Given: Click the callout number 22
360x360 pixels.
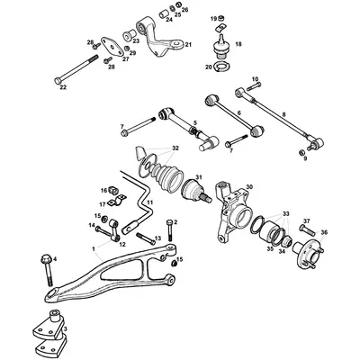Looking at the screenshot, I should coord(61,87).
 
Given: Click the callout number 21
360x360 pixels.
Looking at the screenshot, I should coord(187,44).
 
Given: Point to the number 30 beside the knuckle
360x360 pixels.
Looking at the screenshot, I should coord(249,186).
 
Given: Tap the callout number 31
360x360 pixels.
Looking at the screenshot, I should coord(199,177).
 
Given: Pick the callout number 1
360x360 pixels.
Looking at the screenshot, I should coord(92,248).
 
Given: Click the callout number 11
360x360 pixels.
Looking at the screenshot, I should coord(148,203).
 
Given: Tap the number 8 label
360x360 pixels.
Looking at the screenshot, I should coord(283,114).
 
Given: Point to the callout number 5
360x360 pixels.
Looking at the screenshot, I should coord(195,122).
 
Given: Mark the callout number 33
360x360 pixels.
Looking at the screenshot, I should coord(288,216).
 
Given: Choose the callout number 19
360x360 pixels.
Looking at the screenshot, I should coord(216,18).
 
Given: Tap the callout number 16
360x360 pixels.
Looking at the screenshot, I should coord(104,190).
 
